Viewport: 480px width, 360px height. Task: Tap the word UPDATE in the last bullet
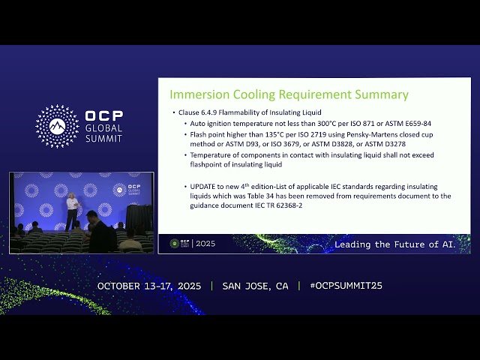tap(202, 186)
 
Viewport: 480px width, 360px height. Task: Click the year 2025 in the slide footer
tap(205, 244)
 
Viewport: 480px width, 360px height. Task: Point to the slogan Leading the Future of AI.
tap(394, 244)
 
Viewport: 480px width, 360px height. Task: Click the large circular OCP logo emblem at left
tap(57, 126)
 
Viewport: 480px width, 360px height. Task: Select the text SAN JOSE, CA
tap(255, 286)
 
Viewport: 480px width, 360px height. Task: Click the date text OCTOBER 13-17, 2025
tap(151, 286)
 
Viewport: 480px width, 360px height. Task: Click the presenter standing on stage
tap(71, 211)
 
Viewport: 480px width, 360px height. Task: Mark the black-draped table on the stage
tap(138, 217)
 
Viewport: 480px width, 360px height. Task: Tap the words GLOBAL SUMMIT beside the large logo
tap(103, 133)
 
